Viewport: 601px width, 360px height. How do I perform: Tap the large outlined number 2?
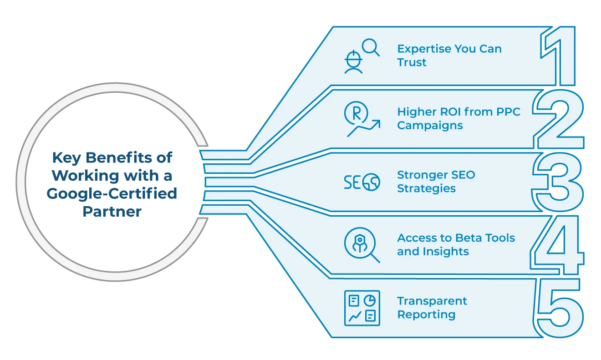(559, 119)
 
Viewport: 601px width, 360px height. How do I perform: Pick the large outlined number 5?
(559, 308)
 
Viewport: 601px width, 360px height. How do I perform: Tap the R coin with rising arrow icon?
(361, 119)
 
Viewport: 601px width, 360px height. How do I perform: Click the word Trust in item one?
(412, 63)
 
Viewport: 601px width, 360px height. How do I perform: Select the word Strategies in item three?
(426, 188)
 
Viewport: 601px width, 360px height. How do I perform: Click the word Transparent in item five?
(432, 301)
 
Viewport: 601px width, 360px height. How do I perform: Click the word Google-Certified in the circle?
(112, 193)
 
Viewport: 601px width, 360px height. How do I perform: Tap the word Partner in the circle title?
(112, 212)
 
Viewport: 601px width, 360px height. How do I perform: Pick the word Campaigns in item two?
(430, 126)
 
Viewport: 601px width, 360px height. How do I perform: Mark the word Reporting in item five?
(426, 314)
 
